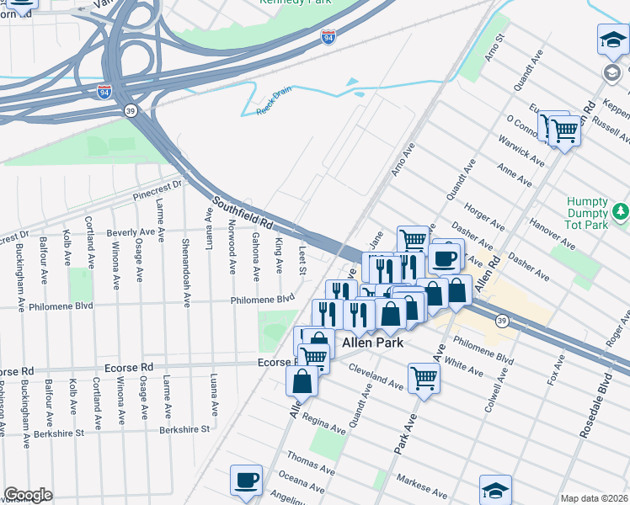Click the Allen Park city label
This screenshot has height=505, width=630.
pos(372,343)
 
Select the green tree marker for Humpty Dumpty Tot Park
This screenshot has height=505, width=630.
pos(620,211)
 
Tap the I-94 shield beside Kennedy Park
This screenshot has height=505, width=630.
pos(328,38)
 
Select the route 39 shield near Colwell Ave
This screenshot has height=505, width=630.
pos(501,321)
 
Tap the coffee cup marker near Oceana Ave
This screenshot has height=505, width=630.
pos(245,480)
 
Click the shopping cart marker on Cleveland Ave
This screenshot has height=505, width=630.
pos(424,378)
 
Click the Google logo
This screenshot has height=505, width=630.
pos(28,495)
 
